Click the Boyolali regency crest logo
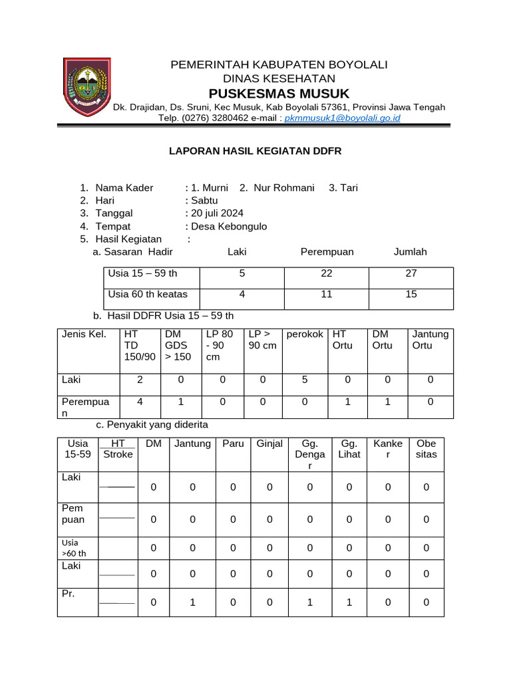[x=86, y=87]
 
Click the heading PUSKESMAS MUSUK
[x=279, y=92]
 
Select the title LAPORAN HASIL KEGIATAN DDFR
[x=255, y=151]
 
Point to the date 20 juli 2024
[x=217, y=213]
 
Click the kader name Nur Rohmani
[x=283, y=188]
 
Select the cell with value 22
[x=326, y=273]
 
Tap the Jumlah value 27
[x=411, y=273]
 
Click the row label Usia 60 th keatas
[x=148, y=294]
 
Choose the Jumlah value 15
[x=411, y=294]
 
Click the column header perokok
[x=305, y=334]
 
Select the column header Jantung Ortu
[x=430, y=340]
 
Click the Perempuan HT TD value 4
[x=140, y=402]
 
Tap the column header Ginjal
[x=269, y=444]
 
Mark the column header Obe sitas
[x=426, y=449]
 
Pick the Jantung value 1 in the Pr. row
[x=192, y=602]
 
